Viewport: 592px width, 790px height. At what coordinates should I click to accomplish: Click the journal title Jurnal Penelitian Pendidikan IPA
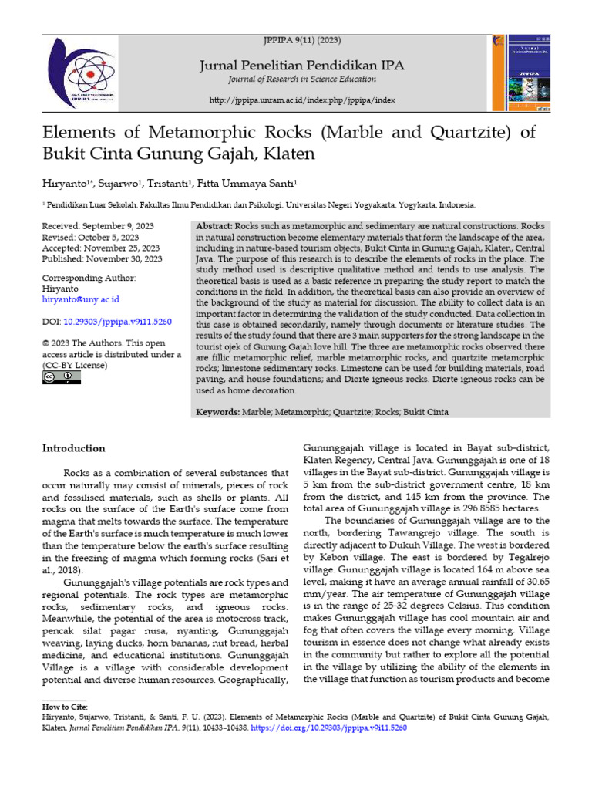[302, 65]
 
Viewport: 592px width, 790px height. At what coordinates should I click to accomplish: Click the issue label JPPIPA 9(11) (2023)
[302, 39]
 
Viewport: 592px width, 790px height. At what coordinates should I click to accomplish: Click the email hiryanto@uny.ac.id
[80, 299]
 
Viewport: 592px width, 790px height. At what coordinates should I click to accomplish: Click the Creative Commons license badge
[62, 377]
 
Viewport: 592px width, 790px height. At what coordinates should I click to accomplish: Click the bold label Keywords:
[218, 413]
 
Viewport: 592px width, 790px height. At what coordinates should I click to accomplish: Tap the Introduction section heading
[73, 448]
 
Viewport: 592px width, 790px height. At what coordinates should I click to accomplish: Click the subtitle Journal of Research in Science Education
[302, 79]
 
